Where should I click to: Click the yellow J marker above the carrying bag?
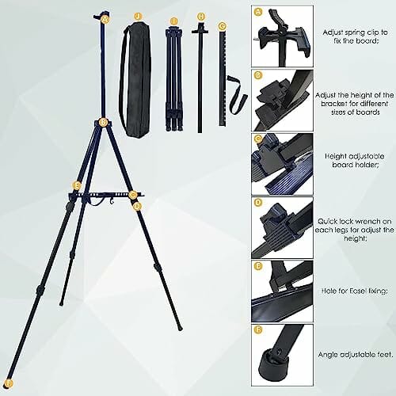[x=138, y=14]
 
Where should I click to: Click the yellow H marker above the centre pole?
[x=200, y=14]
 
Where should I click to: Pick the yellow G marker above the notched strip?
[x=223, y=25]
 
